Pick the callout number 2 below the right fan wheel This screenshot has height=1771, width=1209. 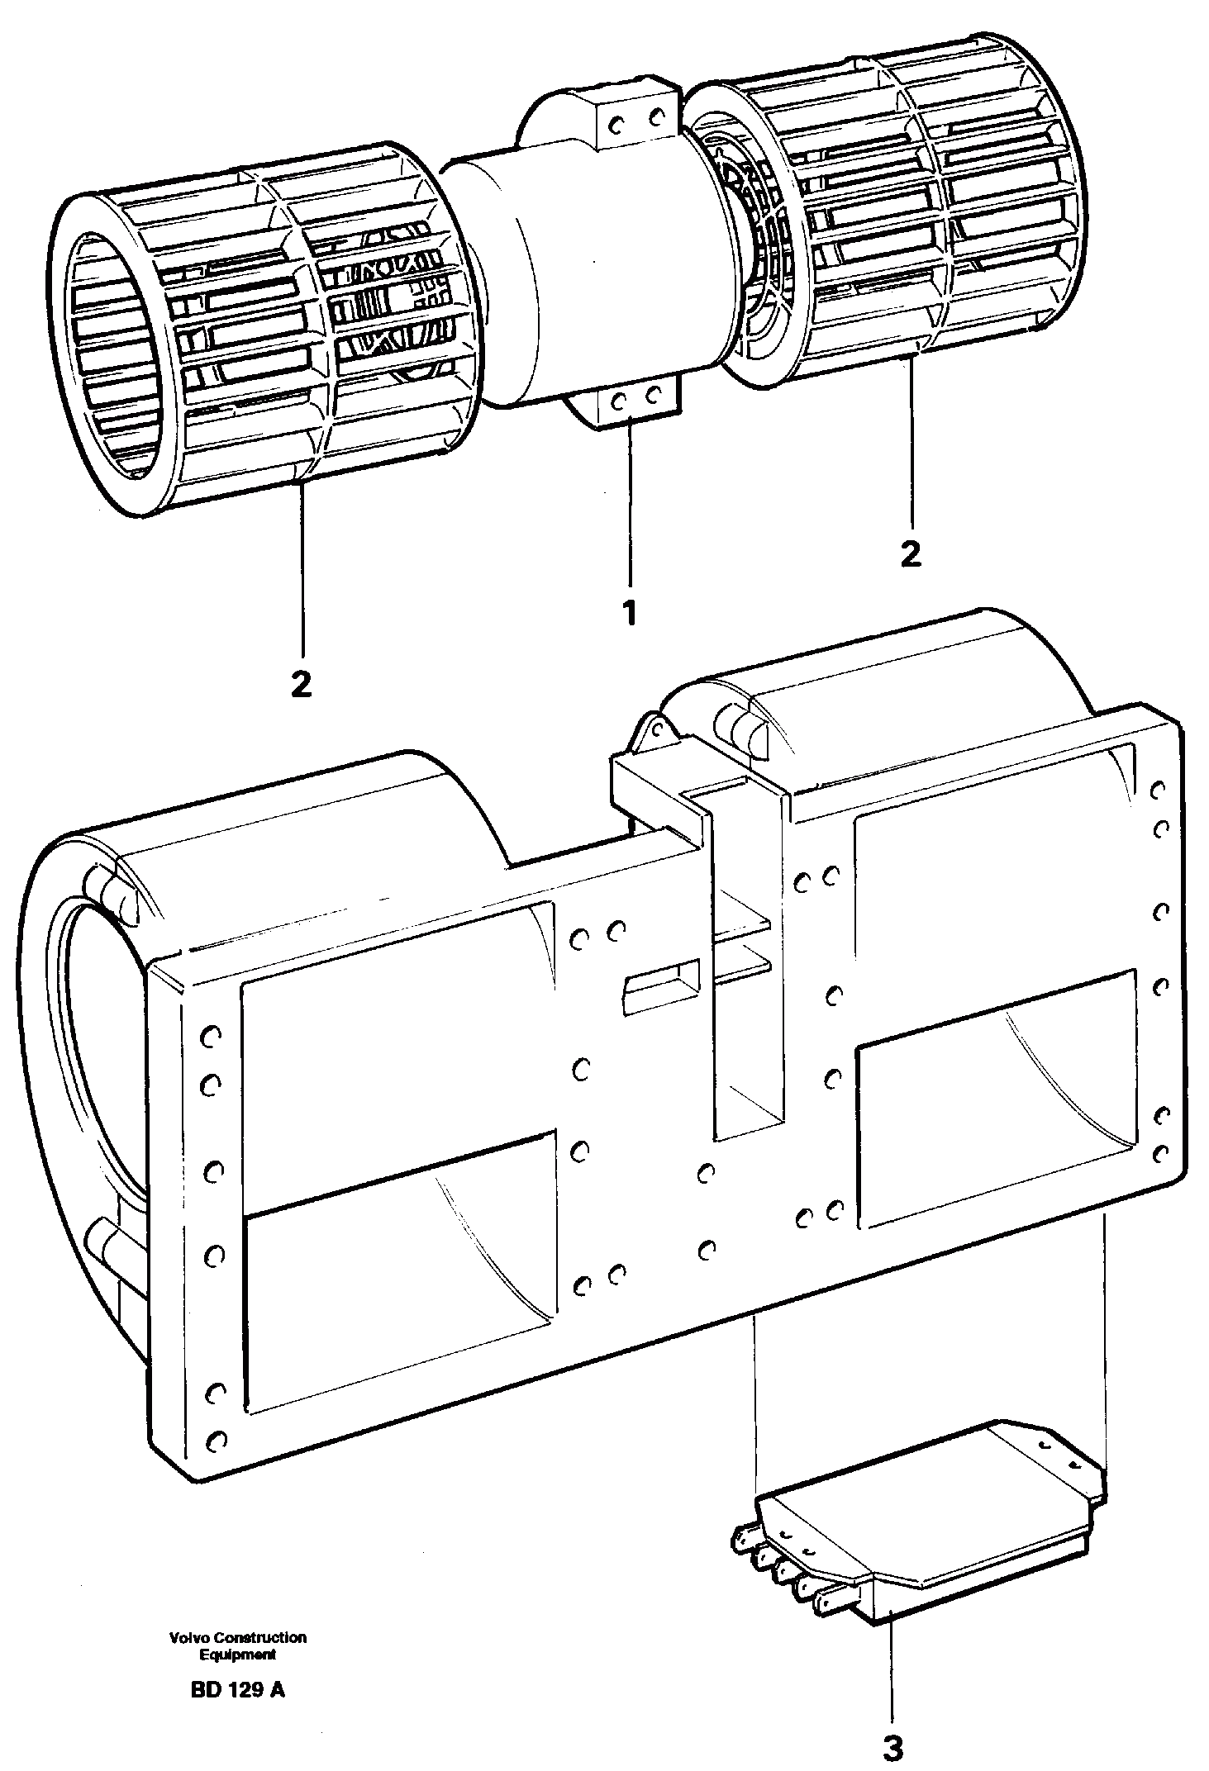point(910,553)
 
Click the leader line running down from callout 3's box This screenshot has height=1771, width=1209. point(892,1677)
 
